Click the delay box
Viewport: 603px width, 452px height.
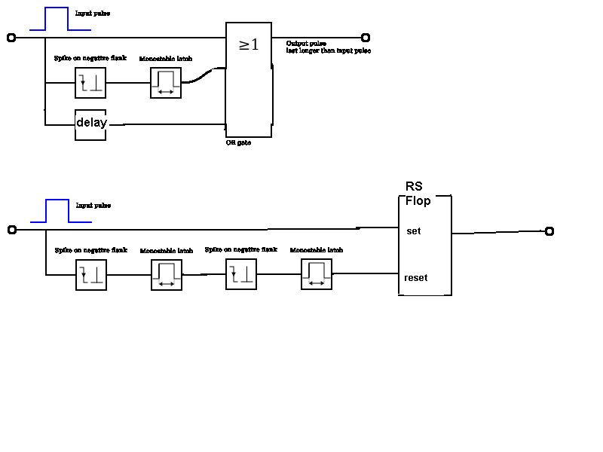[90, 124]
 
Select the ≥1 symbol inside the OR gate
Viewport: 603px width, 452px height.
[249, 45]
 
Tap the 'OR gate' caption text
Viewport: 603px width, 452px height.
[238, 142]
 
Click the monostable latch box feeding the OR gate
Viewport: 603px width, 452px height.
[166, 83]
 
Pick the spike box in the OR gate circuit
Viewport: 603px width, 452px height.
[90, 83]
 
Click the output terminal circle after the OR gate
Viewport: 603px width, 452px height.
[366, 38]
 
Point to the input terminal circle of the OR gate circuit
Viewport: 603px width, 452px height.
[11, 38]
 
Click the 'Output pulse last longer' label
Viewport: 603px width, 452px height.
[328, 47]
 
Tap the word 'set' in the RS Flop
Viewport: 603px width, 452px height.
[413, 231]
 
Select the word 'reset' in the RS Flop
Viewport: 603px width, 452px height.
[415, 278]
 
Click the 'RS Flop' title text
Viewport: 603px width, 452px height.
[418, 194]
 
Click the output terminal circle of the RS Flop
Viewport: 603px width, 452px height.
[549, 231]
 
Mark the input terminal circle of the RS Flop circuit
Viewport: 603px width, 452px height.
[11, 230]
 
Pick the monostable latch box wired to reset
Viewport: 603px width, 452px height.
[317, 274]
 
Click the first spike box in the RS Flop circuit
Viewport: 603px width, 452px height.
[91, 275]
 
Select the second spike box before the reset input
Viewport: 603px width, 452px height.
[241, 274]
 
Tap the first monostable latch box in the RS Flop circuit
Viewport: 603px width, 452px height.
[167, 275]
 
